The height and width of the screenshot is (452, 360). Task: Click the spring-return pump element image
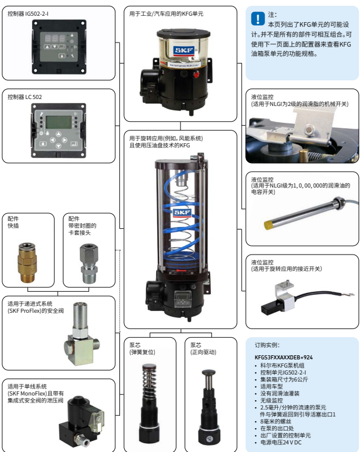coord(150,402)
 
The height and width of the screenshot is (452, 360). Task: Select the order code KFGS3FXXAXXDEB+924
coord(284,356)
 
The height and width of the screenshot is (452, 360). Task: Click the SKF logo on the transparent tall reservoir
coord(182,212)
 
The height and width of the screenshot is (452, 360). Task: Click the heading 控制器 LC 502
coord(25,97)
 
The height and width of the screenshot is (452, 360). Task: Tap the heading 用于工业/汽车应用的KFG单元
coord(167,13)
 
